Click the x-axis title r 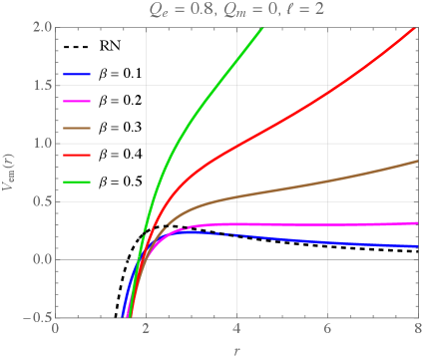click(236, 350)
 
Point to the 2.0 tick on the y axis click(39, 27)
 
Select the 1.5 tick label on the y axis click(39, 85)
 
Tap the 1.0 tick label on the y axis click(39, 144)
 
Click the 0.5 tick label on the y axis click(39, 201)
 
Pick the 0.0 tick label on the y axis click(39, 259)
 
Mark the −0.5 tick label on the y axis click(35, 317)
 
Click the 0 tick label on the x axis click(56, 329)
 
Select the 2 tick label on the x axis click(147, 329)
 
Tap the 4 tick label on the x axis click(236, 329)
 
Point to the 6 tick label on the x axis click(327, 329)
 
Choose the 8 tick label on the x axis click(417, 329)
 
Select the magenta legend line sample click(77, 102)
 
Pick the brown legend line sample click(77, 129)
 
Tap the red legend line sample click(77, 156)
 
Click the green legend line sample click(77, 182)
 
